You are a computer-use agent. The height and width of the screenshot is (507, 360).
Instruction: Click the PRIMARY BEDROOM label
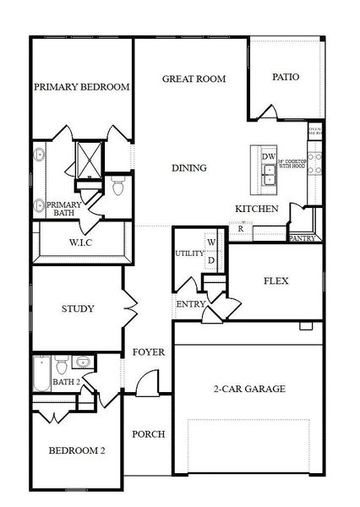tap(82, 87)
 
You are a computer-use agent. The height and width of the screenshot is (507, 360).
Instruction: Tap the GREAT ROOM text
tap(194, 79)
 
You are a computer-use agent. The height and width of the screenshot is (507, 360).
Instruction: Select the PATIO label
tap(286, 77)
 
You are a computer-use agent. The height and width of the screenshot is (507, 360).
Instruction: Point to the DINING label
tap(188, 168)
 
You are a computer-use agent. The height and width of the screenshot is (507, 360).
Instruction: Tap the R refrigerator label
tap(241, 228)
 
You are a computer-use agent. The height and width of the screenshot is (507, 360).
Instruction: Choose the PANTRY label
tap(302, 238)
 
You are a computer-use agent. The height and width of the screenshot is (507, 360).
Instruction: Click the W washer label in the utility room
tap(212, 243)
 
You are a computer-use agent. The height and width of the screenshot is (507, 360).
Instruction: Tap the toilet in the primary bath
tap(118, 186)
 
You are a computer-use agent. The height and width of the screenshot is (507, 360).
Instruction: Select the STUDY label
tap(78, 308)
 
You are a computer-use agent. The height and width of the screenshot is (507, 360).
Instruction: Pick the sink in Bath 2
tap(83, 363)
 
